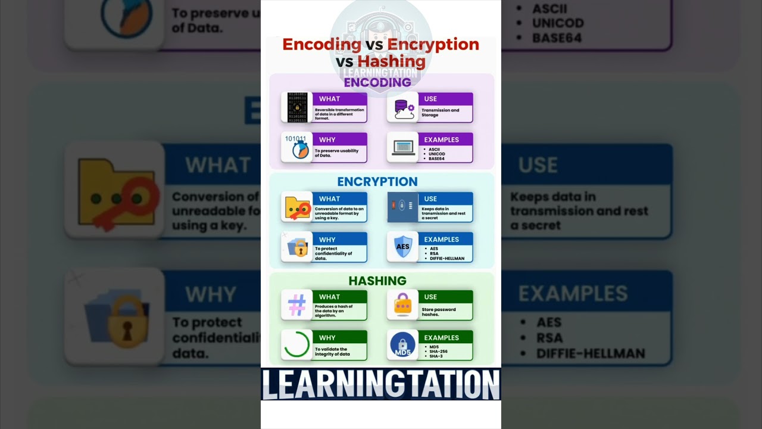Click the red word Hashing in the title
click(x=391, y=61)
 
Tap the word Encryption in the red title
click(x=433, y=44)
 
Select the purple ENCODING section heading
click(x=377, y=82)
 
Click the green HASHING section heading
click(x=377, y=281)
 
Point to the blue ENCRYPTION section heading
click(x=377, y=182)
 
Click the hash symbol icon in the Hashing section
click(x=296, y=305)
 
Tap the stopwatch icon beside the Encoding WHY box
click(x=296, y=147)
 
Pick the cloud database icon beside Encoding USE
click(x=403, y=107)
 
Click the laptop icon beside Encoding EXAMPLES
click(x=403, y=147)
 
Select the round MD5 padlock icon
click(x=403, y=346)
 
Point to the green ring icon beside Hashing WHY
click(x=296, y=345)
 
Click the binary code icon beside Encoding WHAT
click(x=296, y=107)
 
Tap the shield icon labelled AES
click(x=403, y=247)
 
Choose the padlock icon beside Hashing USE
click(x=403, y=305)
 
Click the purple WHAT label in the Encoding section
click(x=329, y=99)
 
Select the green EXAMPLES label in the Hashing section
click(x=441, y=337)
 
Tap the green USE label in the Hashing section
click(x=430, y=297)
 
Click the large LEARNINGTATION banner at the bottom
click(x=381, y=384)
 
